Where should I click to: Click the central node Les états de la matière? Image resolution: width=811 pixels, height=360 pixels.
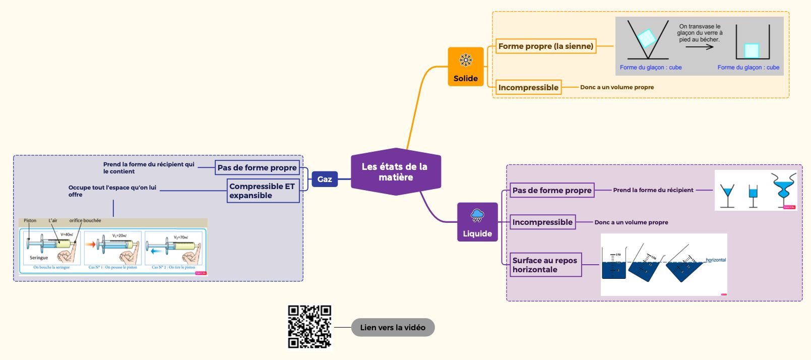click(395, 172)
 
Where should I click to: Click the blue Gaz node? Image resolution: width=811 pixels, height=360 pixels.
click(325, 179)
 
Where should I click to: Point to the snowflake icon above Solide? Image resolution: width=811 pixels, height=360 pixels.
click(466, 61)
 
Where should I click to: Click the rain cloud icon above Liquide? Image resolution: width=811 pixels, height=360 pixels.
click(477, 216)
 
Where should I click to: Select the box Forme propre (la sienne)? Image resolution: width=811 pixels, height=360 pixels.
click(545, 46)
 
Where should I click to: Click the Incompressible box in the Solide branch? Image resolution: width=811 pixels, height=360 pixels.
click(528, 87)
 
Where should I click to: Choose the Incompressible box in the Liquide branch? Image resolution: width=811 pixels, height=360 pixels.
click(542, 222)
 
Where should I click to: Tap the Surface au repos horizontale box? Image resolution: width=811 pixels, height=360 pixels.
click(545, 265)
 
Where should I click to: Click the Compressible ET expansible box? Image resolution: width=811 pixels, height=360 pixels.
click(263, 191)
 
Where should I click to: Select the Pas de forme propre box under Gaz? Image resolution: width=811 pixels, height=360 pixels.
click(257, 168)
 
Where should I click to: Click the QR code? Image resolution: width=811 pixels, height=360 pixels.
click(309, 327)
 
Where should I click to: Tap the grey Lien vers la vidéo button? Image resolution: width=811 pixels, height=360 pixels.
click(393, 327)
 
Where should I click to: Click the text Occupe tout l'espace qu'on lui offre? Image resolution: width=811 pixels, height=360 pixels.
click(112, 191)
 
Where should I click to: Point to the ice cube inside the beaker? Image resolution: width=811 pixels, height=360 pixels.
click(751, 50)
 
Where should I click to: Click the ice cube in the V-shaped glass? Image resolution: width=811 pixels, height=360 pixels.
click(646, 37)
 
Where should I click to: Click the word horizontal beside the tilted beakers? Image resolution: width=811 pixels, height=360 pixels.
click(716, 260)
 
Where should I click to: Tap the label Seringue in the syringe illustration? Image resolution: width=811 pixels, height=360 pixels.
click(39, 258)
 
